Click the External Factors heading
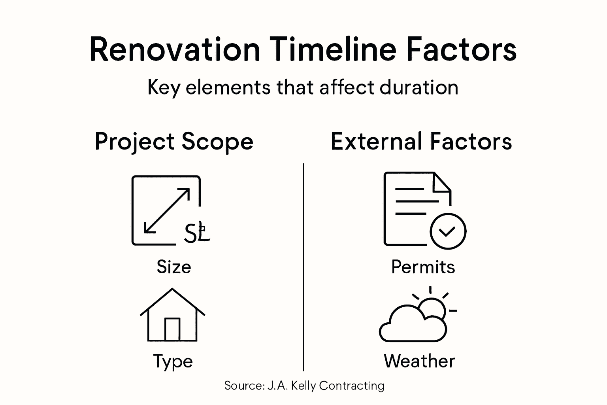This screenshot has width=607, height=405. coord(421,142)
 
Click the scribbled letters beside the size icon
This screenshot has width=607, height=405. coord(196,233)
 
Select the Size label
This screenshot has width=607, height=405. coord(174,267)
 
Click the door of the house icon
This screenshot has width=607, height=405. coord(172,329)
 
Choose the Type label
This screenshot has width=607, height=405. coord(173,361)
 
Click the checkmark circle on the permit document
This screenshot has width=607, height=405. coord(448,231)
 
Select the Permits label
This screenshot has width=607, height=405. coord(423,267)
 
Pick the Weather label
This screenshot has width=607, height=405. coord(419,361)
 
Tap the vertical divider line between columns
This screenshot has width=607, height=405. coord(303,267)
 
